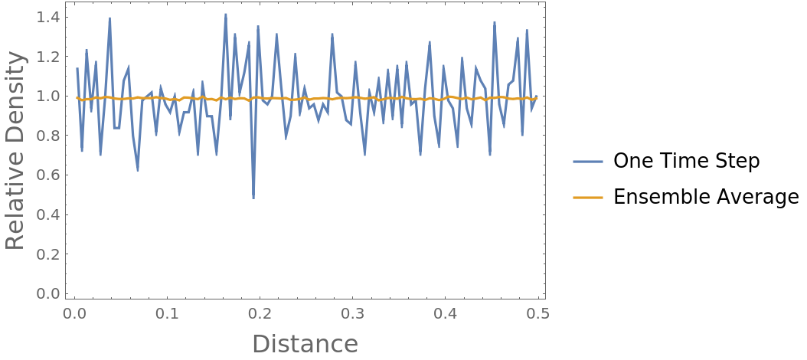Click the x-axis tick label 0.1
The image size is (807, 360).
tap(167, 314)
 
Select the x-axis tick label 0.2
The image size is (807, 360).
tap(260, 314)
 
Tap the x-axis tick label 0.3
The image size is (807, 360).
tap(353, 314)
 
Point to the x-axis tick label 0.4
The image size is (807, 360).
tap(446, 314)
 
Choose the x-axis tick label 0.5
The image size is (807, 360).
tap(538, 314)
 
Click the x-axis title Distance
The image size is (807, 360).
tap(305, 344)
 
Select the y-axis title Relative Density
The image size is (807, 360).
tap(15, 155)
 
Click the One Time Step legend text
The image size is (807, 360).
tap(687, 161)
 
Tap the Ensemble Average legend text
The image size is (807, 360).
tap(707, 198)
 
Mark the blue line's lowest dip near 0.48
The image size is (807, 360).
tap(253, 198)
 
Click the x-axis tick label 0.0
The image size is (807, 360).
tap(74, 314)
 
